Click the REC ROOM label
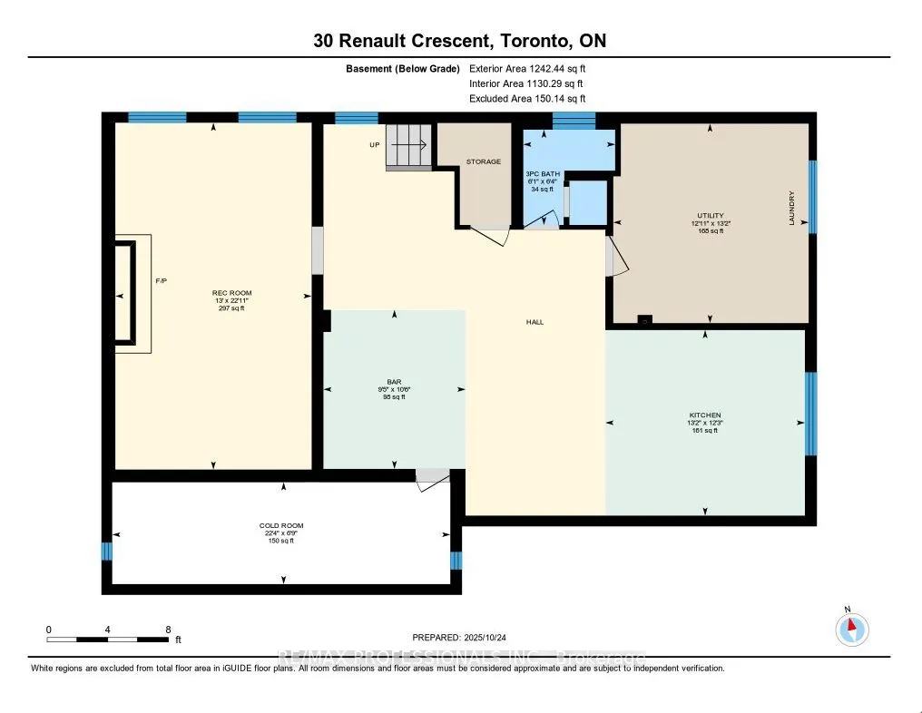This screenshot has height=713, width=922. coord(230,292)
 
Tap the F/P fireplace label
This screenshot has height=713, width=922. coord(161,282)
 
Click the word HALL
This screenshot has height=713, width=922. coord(535,322)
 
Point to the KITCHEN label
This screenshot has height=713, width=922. coord(704,415)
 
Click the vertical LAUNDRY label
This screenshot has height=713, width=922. coord(791,208)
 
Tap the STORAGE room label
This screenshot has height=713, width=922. coord(483,161)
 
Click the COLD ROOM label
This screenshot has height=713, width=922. coord(280,525)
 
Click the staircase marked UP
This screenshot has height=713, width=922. coord(408,145)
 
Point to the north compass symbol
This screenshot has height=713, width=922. coord(851,629)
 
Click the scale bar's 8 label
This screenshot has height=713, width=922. coord(168,629)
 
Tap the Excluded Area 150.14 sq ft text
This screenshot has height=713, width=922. coord(527,99)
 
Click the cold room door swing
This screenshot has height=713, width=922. coord(430,480)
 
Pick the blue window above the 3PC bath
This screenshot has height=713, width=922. coord(574,119)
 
